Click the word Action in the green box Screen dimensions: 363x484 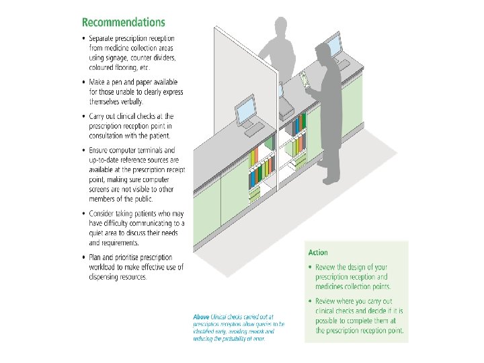point(318,253)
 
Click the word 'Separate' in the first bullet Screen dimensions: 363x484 point(103,38)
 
